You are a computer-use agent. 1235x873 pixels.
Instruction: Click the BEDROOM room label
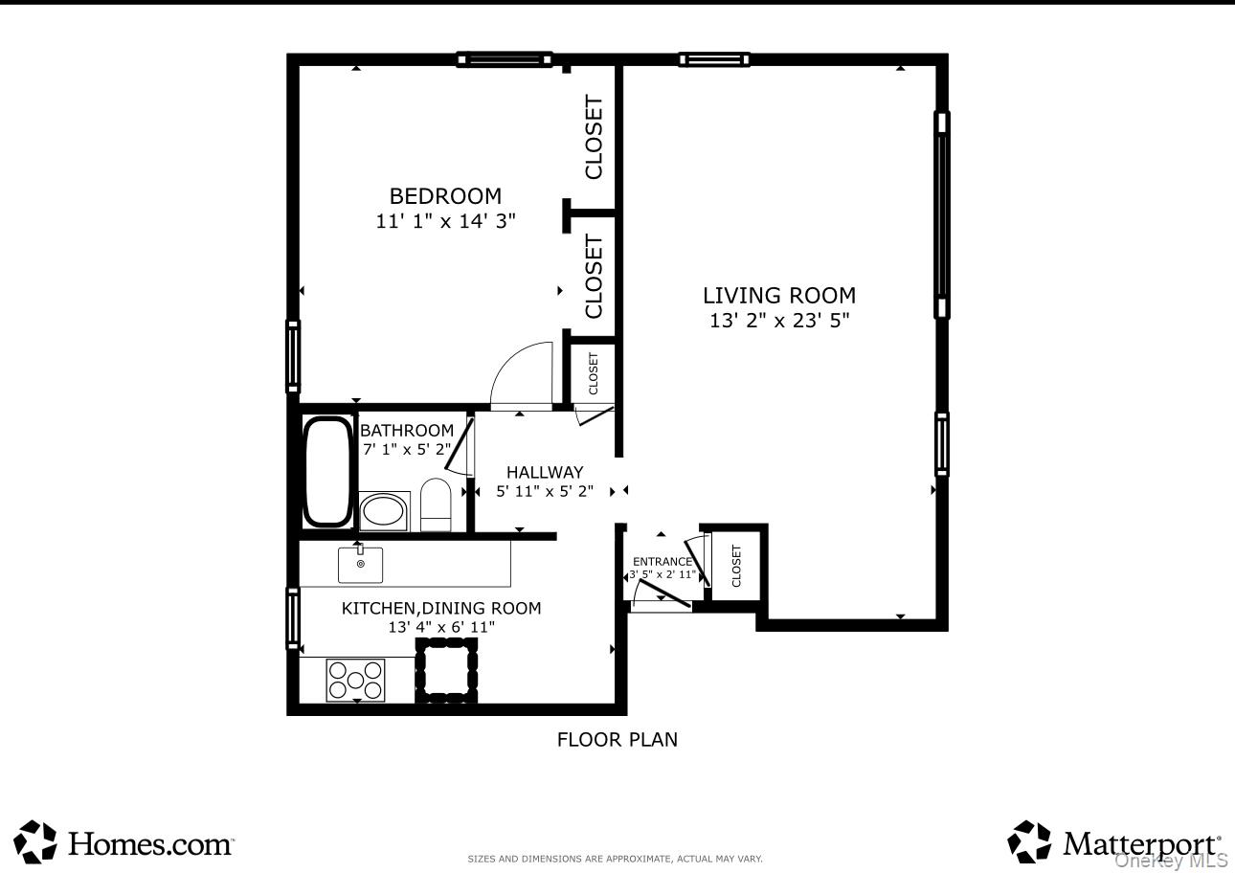pos(445,196)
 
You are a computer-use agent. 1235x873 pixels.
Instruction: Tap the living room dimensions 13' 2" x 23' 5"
pos(779,322)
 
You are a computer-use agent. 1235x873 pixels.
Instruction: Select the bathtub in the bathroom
pos(327,471)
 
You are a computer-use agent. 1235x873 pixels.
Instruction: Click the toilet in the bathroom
pos(436,504)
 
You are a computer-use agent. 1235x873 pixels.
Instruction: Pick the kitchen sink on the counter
pos(360,564)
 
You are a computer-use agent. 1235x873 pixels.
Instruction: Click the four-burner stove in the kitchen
pos(355,680)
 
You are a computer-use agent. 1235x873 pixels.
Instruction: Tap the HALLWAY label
pos(545,472)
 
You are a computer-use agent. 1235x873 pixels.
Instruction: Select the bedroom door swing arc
pos(522,375)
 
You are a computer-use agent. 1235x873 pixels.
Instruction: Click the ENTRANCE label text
pos(662,562)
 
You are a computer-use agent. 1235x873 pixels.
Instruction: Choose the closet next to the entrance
pos(735,565)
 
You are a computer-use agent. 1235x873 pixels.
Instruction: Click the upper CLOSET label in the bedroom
pos(595,137)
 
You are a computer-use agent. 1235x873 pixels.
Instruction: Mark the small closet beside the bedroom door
pos(593,373)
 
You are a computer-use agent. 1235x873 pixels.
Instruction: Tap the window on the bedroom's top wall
pos(505,59)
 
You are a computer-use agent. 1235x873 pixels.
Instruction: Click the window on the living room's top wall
pos(714,59)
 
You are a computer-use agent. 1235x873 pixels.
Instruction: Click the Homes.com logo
pos(125,842)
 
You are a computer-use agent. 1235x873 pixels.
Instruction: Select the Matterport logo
pos(1115,842)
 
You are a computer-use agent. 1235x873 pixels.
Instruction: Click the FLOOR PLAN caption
pos(617,739)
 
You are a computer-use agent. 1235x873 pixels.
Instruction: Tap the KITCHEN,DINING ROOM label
pos(441,608)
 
